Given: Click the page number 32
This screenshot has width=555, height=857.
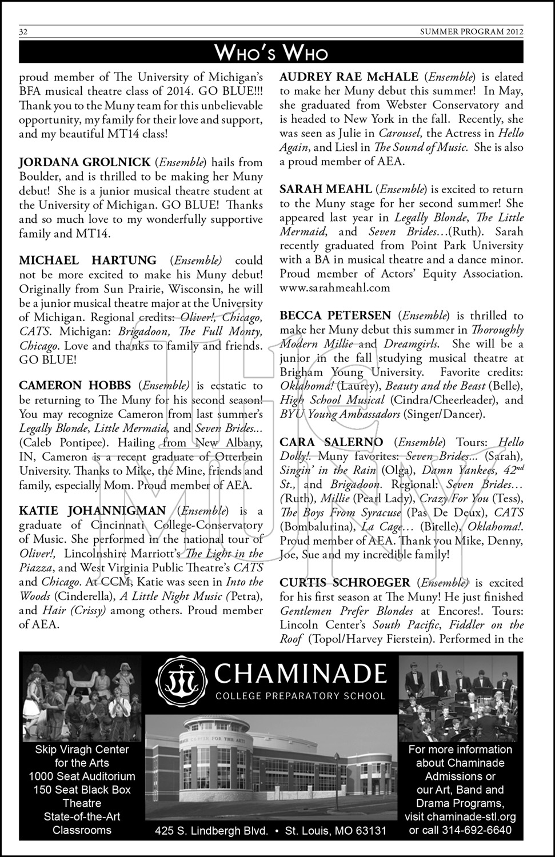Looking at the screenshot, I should point(23,32).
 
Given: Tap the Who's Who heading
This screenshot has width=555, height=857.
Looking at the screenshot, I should point(271,53).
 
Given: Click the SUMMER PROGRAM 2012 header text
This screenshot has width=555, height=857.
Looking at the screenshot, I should point(476,32).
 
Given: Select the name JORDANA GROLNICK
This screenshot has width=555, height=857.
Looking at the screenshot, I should point(85,163).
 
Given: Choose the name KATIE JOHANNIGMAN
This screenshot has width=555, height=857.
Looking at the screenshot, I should point(92,511).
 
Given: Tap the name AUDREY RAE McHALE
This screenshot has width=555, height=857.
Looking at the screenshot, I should point(349,77).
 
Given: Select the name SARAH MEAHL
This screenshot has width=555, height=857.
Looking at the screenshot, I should point(325,189).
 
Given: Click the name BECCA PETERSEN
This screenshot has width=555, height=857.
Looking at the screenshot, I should point(335,315).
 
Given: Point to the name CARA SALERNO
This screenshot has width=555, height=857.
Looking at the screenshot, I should point(331,442).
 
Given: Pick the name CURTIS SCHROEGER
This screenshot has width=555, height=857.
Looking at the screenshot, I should point(345,583).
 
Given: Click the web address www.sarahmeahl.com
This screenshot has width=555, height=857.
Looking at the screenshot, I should point(334,288).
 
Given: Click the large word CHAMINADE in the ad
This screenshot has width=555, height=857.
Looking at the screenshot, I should point(300,674).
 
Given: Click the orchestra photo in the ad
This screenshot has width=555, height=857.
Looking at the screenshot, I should point(458,698).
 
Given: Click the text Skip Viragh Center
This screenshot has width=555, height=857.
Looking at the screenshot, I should point(82,750).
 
